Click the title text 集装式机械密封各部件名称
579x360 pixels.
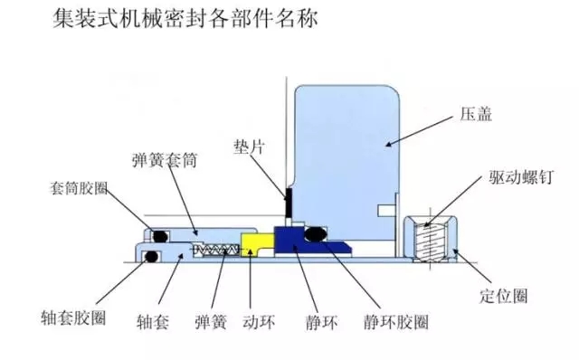click(x=185, y=20)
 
